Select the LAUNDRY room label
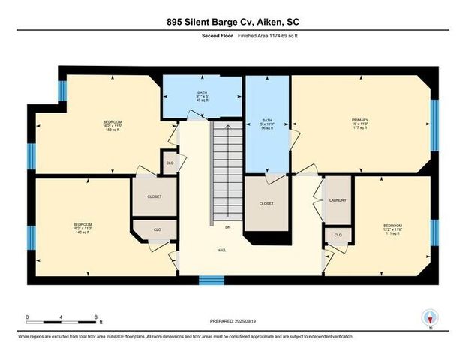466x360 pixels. pos(338,200)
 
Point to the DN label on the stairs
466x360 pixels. pos(227,227)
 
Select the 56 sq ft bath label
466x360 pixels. pos(266,123)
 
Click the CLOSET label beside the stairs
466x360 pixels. pos(266,204)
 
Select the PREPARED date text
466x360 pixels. pos(232,321)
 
